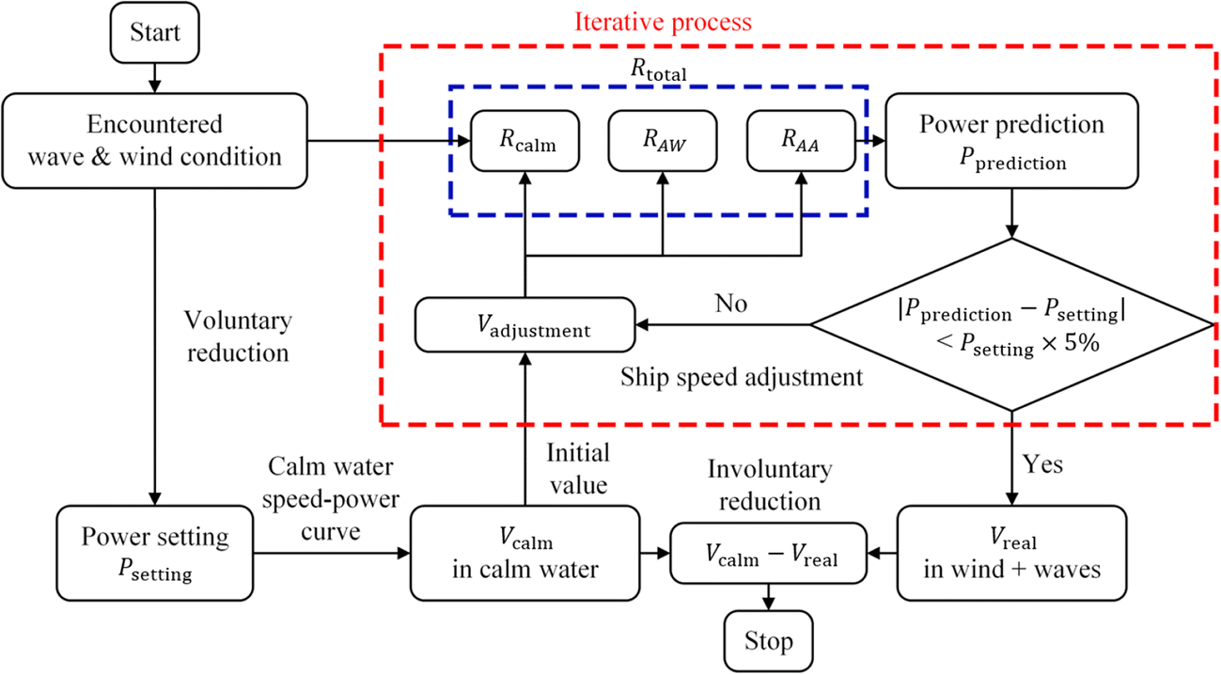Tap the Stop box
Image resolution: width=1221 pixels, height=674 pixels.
point(768,642)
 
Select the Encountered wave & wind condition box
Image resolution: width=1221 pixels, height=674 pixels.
point(154,139)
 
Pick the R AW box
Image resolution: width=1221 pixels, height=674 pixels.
point(663,143)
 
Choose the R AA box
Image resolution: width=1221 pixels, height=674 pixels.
point(800,143)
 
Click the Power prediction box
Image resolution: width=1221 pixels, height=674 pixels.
point(1011,141)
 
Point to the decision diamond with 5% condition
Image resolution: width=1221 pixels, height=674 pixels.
point(1011,324)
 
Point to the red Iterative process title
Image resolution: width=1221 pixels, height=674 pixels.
point(670,20)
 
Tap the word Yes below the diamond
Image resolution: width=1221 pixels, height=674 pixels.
point(1041,464)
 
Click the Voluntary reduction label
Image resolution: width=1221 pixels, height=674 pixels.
point(240,336)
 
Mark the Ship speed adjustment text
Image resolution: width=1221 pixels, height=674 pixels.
point(742,377)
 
